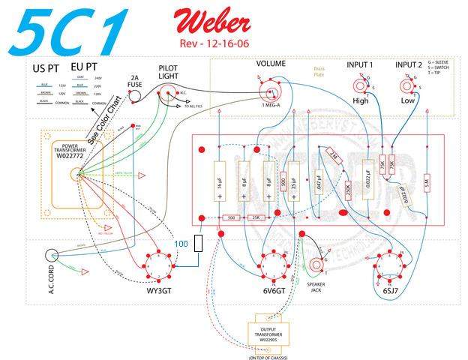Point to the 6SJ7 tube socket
(390, 265)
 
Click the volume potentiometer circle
(270, 92)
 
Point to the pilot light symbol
(166, 93)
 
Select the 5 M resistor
(425, 183)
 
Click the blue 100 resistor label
(181, 244)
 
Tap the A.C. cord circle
(52, 259)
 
